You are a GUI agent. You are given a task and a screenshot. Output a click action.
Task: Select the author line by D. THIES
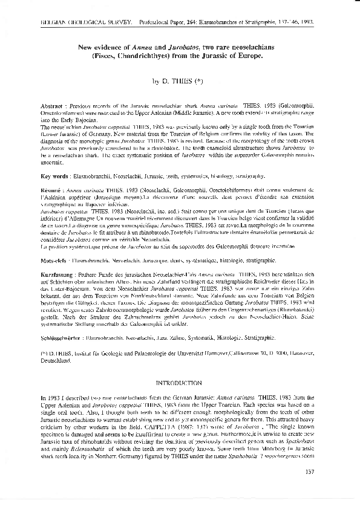(x=180, y=80)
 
